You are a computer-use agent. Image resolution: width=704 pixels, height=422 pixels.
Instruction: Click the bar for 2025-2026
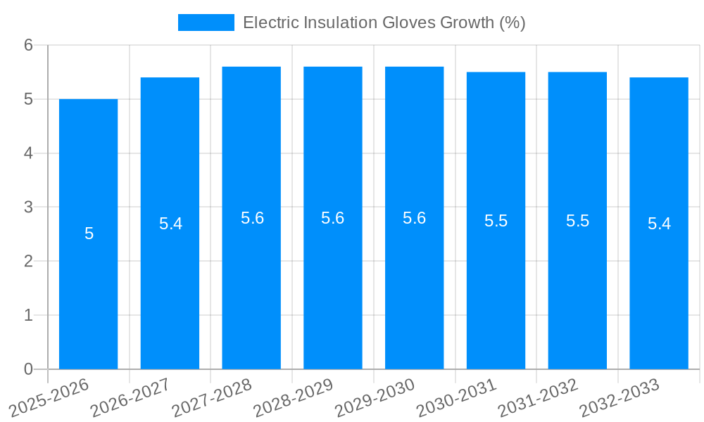(88, 234)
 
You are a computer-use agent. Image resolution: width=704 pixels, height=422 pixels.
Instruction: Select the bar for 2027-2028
(251, 218)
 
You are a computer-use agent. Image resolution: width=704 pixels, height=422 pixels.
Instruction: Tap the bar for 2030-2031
(496, 221)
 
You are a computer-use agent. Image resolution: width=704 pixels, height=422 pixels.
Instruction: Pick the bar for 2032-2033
(659, 224)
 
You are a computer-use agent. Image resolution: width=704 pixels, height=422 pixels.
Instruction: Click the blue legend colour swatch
(206, 23)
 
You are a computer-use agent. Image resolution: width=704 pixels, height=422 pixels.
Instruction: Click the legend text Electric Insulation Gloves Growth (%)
(384, 23)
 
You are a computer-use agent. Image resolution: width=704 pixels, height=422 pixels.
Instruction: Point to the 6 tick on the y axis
(28, 45)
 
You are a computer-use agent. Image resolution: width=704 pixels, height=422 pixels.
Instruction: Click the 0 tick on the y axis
(28, 369)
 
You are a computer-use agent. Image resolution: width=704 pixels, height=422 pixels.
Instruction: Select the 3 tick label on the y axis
(28, 207)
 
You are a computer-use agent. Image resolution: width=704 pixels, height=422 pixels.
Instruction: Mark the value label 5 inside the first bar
(89, 234)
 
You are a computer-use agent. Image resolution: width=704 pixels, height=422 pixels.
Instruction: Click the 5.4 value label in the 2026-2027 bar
(170, 224)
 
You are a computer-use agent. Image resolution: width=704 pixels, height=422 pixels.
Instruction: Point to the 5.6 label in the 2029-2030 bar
(414, 218)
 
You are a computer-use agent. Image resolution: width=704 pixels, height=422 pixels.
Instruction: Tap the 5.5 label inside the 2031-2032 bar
(577, 221)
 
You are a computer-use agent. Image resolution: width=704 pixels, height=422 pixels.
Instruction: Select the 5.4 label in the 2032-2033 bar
(659, 224)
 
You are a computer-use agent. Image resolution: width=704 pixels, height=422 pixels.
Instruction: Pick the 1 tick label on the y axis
(28, 315)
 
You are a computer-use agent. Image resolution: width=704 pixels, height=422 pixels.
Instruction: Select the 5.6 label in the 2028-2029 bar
(332, 218)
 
